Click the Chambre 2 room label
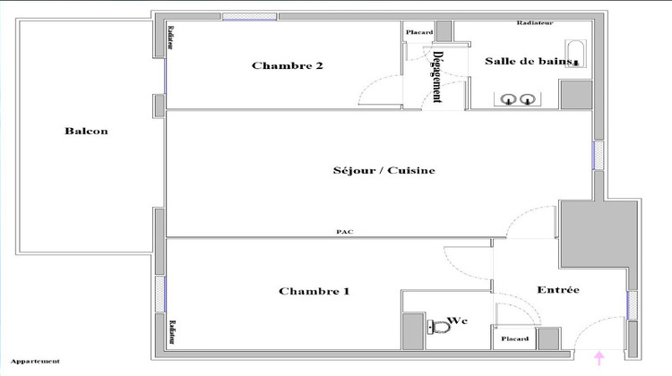[x=287, y=65]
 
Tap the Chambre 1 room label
[x=314, y=291]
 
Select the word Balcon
[x=86, y=131]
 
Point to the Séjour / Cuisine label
[x=371, y=170]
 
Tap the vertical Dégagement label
[x=438, y=76]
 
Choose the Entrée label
[x=557, y=290]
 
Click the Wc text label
[x=459, y=320]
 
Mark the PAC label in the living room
[x=344, y=232]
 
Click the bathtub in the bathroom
[x=574, y=54]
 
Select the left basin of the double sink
[x=512, y=99]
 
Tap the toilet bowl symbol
[x=439, y=328]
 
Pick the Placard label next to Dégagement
[x=419, y=33]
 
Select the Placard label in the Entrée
[x=514, y=339]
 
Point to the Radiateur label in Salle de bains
[x=535, y=22]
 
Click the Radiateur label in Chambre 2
[x=170, y=37]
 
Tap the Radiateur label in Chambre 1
[x=170, y=332]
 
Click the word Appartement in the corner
[x=35, y=362]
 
